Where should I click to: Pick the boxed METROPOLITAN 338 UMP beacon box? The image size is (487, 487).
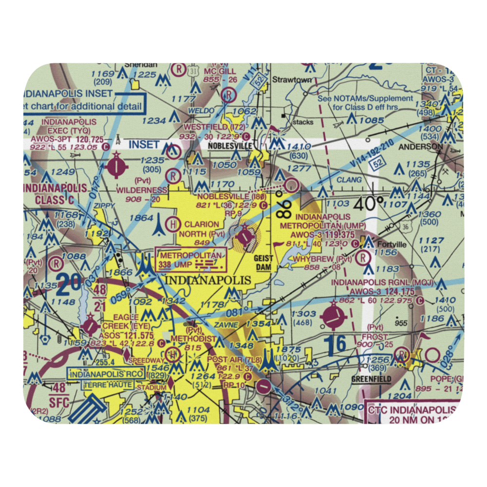coord(190,260)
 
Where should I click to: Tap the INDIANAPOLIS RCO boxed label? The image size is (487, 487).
coord(106,374)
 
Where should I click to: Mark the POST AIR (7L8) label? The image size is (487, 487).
coord(228,359)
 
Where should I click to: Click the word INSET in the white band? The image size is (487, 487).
coord(144,144)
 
